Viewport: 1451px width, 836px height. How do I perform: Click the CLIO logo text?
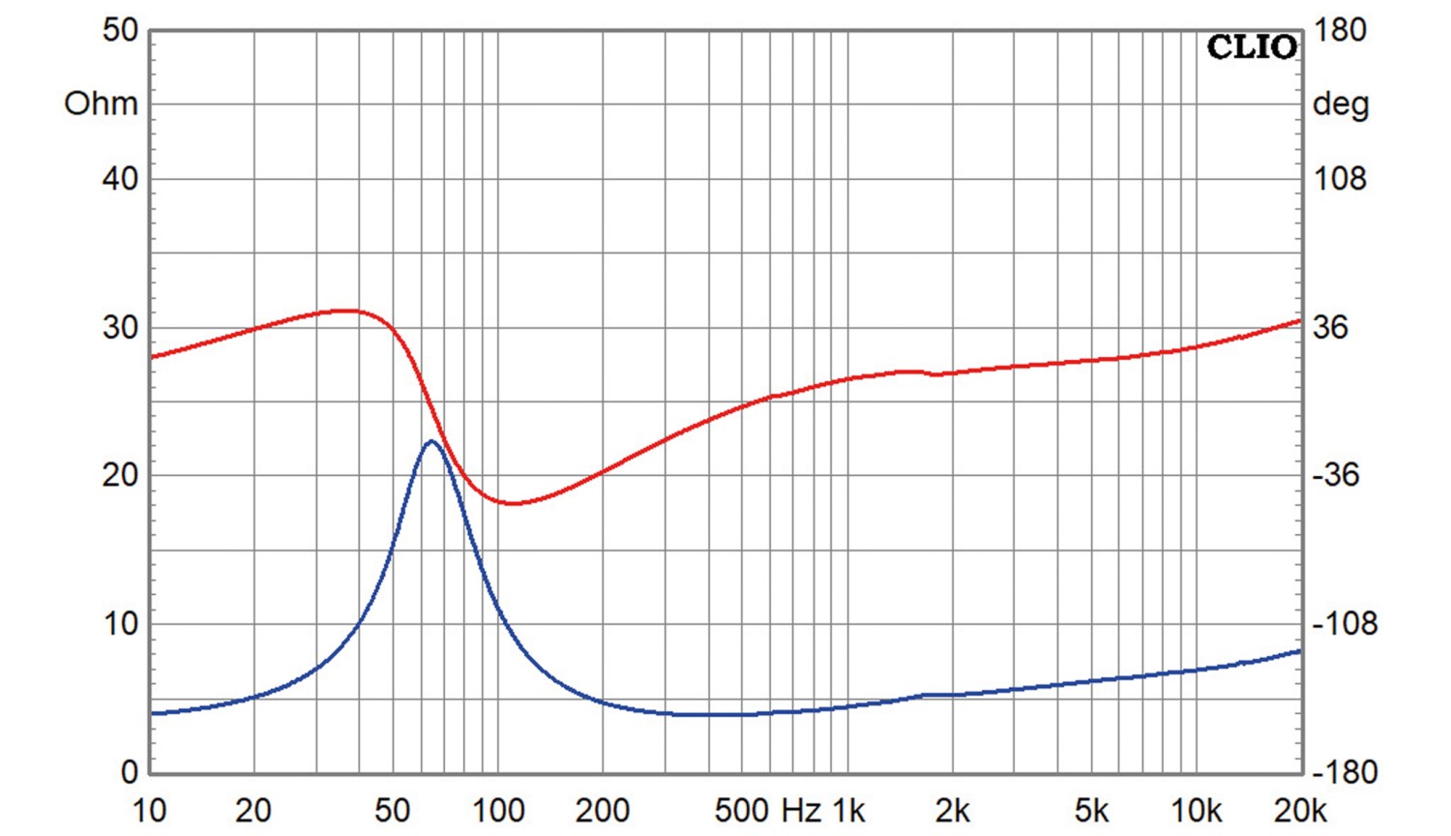tap(1251, 47)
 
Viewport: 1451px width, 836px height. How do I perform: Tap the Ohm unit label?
tap(101, 104)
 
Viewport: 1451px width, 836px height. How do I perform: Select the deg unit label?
tap(1340, 104)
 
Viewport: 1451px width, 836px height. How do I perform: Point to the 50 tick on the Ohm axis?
tap(120, 31)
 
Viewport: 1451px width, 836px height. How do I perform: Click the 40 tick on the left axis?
tap(120, 179)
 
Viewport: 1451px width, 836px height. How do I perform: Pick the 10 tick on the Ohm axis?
tap(120, 624)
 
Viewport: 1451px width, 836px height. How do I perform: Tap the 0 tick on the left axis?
tap(129, 772)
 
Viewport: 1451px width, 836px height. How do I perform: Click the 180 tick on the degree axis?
tap(1340, 31)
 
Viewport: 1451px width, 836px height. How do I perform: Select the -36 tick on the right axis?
tap(1336, 475)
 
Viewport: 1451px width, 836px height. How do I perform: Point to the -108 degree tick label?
tap(1344, 624)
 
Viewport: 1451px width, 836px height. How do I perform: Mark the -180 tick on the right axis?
tap(1344, 772)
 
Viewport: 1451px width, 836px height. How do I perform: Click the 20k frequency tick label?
tap(1299, 811)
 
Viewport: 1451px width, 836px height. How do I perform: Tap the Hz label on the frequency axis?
tap(801, 811)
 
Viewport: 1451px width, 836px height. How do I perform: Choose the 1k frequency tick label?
tap(848, 811)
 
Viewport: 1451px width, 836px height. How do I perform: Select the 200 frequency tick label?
tap(602, 811)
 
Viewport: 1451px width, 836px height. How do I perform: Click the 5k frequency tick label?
tap(1092, 811)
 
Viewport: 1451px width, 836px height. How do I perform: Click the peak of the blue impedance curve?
tap(430, 442)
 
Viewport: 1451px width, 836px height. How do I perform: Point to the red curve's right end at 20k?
tap(1299, 320)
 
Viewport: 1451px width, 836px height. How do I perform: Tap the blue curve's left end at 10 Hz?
tap(153, 713)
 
